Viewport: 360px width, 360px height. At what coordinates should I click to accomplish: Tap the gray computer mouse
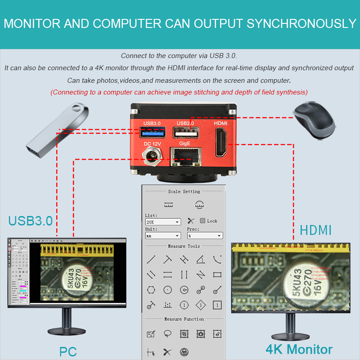tap(315, 119)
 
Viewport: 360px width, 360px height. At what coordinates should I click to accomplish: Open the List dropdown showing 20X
tap(163, 222)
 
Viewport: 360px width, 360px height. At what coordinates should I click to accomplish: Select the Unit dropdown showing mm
tap(163, 235)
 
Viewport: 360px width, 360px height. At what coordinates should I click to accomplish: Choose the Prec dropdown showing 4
tap(205, 235)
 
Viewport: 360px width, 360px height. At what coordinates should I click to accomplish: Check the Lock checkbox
tap(202, 221)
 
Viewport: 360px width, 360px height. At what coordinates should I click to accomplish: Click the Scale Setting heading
tap(184, 192)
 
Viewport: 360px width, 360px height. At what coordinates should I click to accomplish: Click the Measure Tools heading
tap(184, 247)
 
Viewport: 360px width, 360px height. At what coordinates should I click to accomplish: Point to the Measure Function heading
tap(184, 319)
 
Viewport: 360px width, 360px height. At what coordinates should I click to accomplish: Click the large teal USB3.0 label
tap(31, 220)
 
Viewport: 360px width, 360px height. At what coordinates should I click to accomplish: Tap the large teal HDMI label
tap(315, 230)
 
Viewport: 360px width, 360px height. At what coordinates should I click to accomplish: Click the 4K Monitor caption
tap(299, 349)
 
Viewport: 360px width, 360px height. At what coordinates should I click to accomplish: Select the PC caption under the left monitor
tap(68, 351)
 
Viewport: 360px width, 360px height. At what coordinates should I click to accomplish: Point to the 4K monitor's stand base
tap(290, 336)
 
